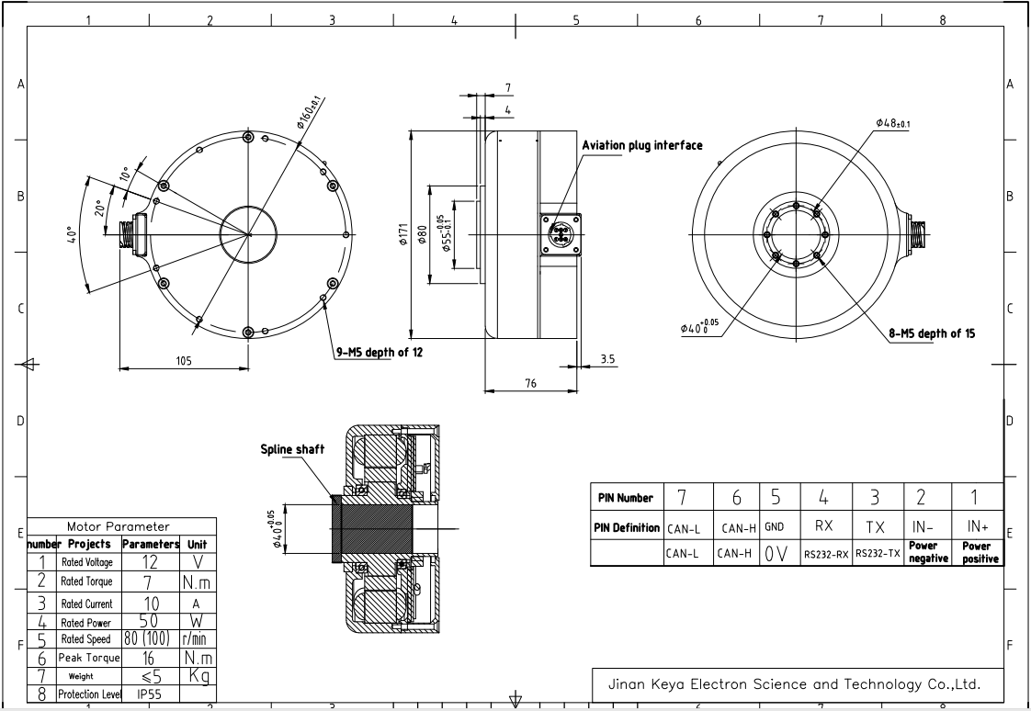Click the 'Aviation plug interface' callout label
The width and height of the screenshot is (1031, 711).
point(641,145)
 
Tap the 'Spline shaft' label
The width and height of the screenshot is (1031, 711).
point(290,450)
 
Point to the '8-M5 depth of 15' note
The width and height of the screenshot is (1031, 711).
point(932,334)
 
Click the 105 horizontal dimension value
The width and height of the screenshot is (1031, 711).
point(184,361)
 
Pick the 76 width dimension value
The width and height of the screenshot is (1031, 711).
point(530,384)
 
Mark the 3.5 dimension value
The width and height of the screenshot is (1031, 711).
point(607,359)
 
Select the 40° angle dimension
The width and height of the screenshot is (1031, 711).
point(71,234)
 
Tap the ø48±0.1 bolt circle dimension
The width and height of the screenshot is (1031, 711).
point(892,122)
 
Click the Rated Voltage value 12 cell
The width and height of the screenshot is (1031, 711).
point(151,561)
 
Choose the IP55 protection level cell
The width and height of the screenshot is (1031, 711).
point(151,695)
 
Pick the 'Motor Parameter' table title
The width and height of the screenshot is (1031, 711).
point(119,526)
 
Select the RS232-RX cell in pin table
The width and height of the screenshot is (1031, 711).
point(825,555)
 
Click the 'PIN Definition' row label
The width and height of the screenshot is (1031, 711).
point(624,527)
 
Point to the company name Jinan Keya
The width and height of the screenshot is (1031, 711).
point(795,684)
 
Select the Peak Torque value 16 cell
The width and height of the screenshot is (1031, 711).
point(151,658)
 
